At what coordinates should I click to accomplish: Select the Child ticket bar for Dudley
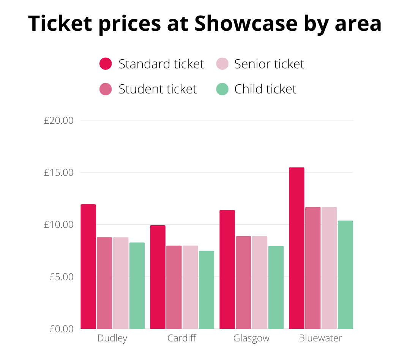(x=137, y=286)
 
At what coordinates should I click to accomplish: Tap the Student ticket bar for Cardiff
(x=174, y=287)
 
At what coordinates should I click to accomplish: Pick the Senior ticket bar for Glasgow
(x=260, y=283)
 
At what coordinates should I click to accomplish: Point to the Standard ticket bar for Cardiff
(x=158, y=277)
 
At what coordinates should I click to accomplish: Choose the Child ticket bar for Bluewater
(x=345, y=275)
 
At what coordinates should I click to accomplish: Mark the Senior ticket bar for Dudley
(x=121, y=283)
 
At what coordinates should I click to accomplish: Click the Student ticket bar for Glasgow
(x=243, y=283)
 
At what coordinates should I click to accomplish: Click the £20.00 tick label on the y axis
(x=58, y=121)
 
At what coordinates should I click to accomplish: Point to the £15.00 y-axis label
(x=58, y=173)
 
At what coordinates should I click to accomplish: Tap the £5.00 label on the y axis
(x=61, y=277)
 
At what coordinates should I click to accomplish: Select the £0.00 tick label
(x=61, y=329)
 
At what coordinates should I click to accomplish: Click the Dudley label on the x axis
(x=112, y=338)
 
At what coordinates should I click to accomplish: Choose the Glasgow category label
(x=251, y=338)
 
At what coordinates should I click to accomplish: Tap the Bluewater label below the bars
(x=320, y=338)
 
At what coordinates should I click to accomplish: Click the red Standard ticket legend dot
(x=106, y=64)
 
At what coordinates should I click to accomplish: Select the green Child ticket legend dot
(x=222, y=89)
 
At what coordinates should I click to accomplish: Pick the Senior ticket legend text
(x=269, y=64)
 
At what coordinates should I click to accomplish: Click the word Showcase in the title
(x=246, y=24)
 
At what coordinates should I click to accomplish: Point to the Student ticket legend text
(x=158, y=89)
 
